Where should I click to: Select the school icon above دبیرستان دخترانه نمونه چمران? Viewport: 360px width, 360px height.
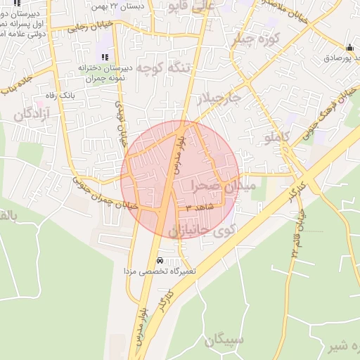click(x=105, y=57)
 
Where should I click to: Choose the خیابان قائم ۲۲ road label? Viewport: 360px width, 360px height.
click(x=292, y=243)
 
